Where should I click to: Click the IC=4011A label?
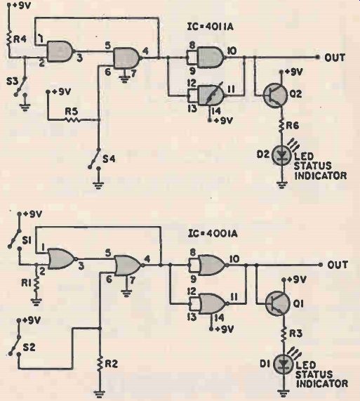[211, 27]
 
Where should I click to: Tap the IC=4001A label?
[213, 233]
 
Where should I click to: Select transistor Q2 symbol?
[275, 95]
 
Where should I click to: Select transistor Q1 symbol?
[277, 303]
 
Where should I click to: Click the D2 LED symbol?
[281, 155]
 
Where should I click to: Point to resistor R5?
[72, 119]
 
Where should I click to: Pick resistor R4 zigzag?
[10, 39]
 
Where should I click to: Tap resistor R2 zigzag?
[100, 364]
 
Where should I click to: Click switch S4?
[94, 159]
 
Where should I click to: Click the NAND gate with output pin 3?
[60, 51]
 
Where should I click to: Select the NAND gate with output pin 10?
[211, 58]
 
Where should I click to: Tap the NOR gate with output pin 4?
[128, 265]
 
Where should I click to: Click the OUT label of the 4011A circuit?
[335, 58]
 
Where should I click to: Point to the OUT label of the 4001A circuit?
[338, 265]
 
